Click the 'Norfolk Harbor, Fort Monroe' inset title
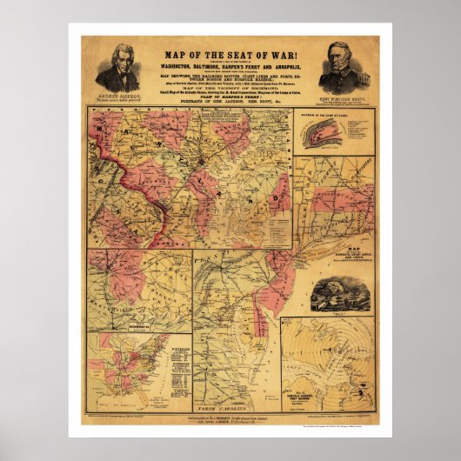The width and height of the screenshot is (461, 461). pos(306,386)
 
